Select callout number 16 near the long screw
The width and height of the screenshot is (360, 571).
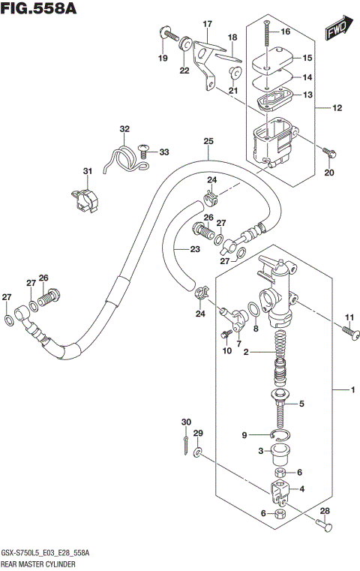285,32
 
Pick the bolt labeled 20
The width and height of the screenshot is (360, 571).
328,152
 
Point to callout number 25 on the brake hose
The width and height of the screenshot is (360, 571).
208,141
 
